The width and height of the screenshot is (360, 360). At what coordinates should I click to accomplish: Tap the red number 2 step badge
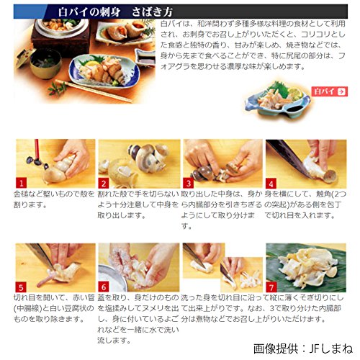pos(103,183)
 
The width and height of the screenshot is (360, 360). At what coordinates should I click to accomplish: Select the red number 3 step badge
pos(188,183)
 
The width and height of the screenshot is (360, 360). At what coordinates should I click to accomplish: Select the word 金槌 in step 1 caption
pos(22,195)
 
